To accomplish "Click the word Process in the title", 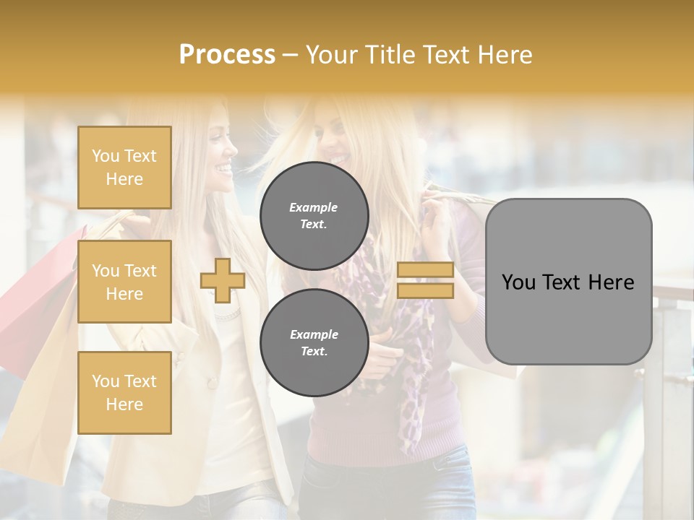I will pyautogui.click(x=227, y=54).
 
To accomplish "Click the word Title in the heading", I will pyautogui.click(x=390, y=54).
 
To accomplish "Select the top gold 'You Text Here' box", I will pyautogui.click(x=124, y=168).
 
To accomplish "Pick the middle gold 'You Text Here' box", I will pyautogui.click(x=124, y=282).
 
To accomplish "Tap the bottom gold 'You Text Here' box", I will pyautogui.click(x=124, y=392).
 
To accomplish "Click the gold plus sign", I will pyautogui.click(x=222, y=280).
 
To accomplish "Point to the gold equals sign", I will pyautogui.click(x=425, y=280).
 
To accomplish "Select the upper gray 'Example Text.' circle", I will pyautogui.click(x=314, y=216).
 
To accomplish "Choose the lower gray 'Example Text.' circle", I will pyautogui.click(x=314, y=342).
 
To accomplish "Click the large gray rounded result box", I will pyautogui.click(x=568, y=282).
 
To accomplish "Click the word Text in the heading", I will pyautogui.click(x=448, y=54).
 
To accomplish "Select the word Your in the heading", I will pyautogui.click(x=334, y=54).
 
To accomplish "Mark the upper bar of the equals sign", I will pyautogui.click(x=425, y=270).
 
